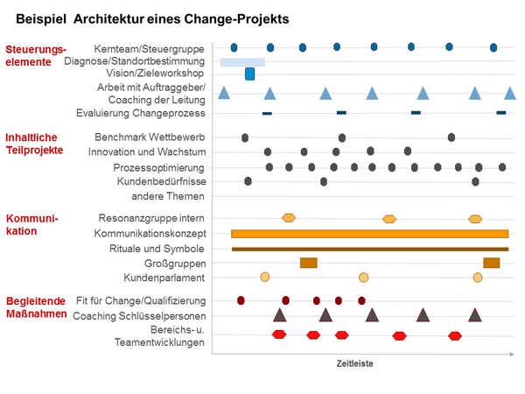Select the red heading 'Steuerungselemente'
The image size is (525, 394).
click(35, 56)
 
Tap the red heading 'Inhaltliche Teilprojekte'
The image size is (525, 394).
click(34, 144)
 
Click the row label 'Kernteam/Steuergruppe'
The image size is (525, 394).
click(150, 47)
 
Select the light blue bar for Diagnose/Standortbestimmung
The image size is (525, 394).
click(242, 62)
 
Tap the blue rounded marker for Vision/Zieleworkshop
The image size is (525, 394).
click(249, 74)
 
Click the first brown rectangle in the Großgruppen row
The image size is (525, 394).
click(308, 263)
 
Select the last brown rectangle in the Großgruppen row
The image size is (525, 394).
click(491, 263)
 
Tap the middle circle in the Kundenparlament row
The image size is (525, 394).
click(364, 278)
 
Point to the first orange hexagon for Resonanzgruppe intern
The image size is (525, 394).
click(289, 217)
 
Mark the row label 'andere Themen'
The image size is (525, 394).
click(174, 196)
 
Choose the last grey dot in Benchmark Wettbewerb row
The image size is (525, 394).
click(451, 137)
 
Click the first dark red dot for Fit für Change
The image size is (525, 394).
click(241, 300)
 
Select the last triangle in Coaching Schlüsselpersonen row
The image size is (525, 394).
click(474, 315)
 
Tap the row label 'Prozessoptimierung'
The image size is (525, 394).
click(159, 167)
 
